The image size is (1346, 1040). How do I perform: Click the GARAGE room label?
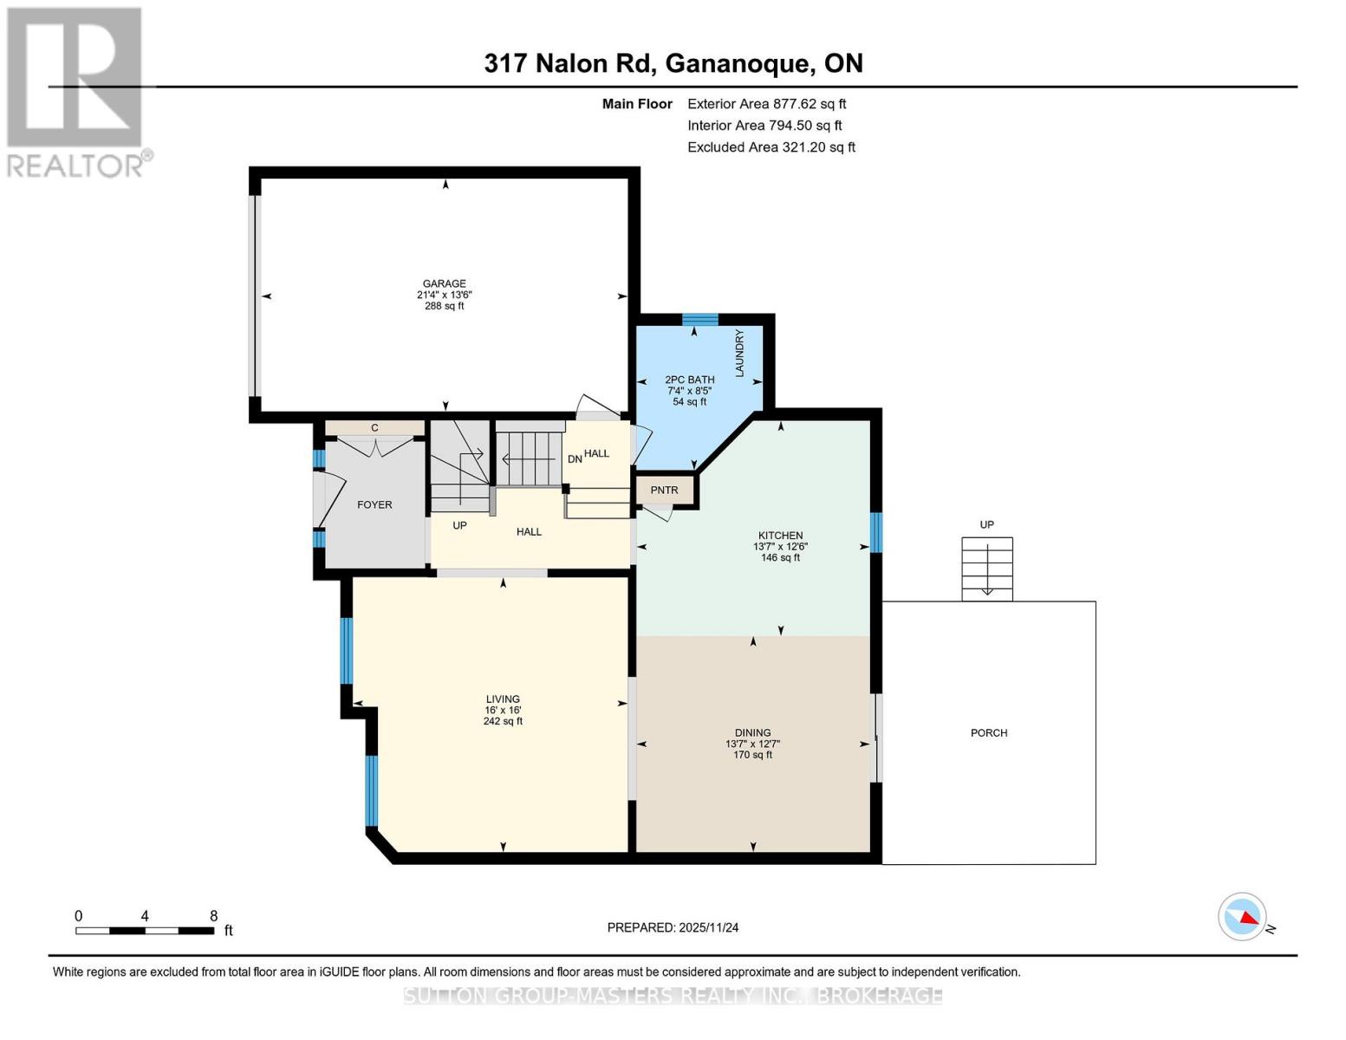pos(444,284)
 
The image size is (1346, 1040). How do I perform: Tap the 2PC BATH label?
pos(689,380)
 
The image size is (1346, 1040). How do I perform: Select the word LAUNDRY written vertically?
pos(739,353)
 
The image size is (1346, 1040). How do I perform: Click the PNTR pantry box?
pos(664,491)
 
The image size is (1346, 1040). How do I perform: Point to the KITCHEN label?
pos(780,536)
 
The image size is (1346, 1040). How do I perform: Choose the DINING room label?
pos(752,733)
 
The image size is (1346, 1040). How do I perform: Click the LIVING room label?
pos(503,699)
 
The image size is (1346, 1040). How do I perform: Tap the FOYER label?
pos(374,504)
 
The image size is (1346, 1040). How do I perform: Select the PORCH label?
pos(989,733)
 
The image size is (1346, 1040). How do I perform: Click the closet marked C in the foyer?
pos(374,428)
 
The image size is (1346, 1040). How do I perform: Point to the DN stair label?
pos(575,459)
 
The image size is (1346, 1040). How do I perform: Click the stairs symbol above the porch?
pos(986,569)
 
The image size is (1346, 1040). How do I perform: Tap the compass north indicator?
pos(1243,917)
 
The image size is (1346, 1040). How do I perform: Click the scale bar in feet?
pos(145,931)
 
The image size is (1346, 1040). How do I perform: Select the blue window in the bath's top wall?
pos(699,320)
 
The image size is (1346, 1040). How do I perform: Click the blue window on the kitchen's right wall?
pos(876,532)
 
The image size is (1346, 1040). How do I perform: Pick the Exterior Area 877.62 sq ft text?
pos(766,104)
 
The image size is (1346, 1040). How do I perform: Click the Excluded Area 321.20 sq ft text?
pos(771,147)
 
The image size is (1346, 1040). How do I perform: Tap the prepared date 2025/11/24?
pos(673,927)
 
